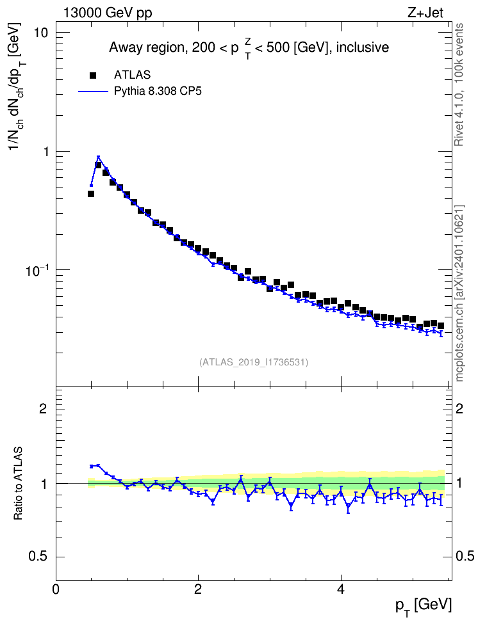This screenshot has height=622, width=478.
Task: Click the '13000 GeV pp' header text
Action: [107, 13]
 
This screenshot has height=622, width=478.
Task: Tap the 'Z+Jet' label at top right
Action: [425, 13]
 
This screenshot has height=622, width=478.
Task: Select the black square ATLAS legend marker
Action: [93, 75]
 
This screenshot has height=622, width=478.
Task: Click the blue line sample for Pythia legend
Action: [93, 92]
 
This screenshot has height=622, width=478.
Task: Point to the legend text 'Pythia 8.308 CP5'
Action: [158, 92]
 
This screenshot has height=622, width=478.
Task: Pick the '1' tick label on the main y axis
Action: [44, 152]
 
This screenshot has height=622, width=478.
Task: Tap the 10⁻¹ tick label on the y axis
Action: [37, 270]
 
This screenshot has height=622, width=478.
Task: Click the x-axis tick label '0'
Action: [56, 588]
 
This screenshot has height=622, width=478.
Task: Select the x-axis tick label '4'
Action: [340, 588]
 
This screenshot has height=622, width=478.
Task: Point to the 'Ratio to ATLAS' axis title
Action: [17, 484]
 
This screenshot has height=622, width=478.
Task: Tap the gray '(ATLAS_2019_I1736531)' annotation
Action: [254, 362]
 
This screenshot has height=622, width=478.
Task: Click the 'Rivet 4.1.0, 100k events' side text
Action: [459, 84]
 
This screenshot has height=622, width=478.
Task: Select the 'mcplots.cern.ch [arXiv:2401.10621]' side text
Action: [459, 293]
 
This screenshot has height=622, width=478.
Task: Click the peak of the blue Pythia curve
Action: [98, 157]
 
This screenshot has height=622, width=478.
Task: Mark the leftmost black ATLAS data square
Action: [90, 194]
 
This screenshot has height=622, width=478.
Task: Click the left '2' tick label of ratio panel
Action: [43, 408]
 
